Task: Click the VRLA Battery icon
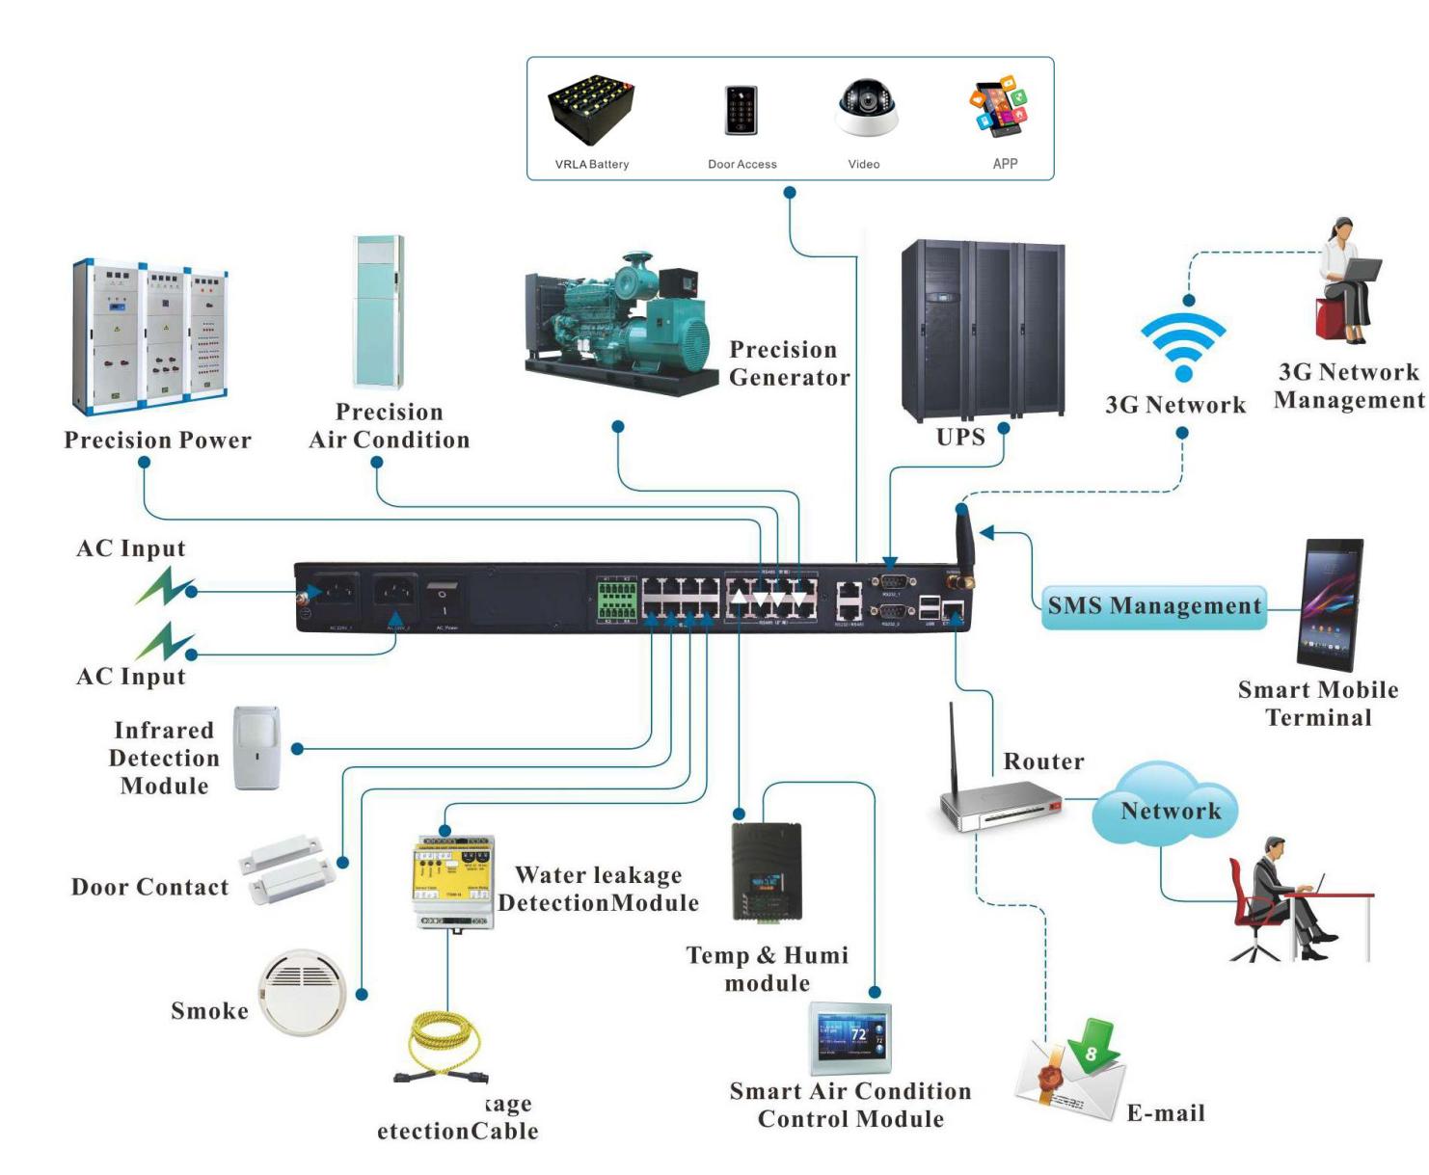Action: coord(591,111)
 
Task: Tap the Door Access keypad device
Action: coord(741,110)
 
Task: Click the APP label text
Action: coord(1005,164)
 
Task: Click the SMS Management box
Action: coord(1154,606)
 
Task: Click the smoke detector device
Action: coord(303,992)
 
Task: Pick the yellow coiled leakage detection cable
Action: coord(445,1046)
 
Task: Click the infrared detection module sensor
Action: coord(257,748)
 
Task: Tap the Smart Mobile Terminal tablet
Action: coord(1330,604)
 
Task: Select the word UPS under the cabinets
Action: coord(960,437)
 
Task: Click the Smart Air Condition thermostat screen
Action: coord(849,1039)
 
